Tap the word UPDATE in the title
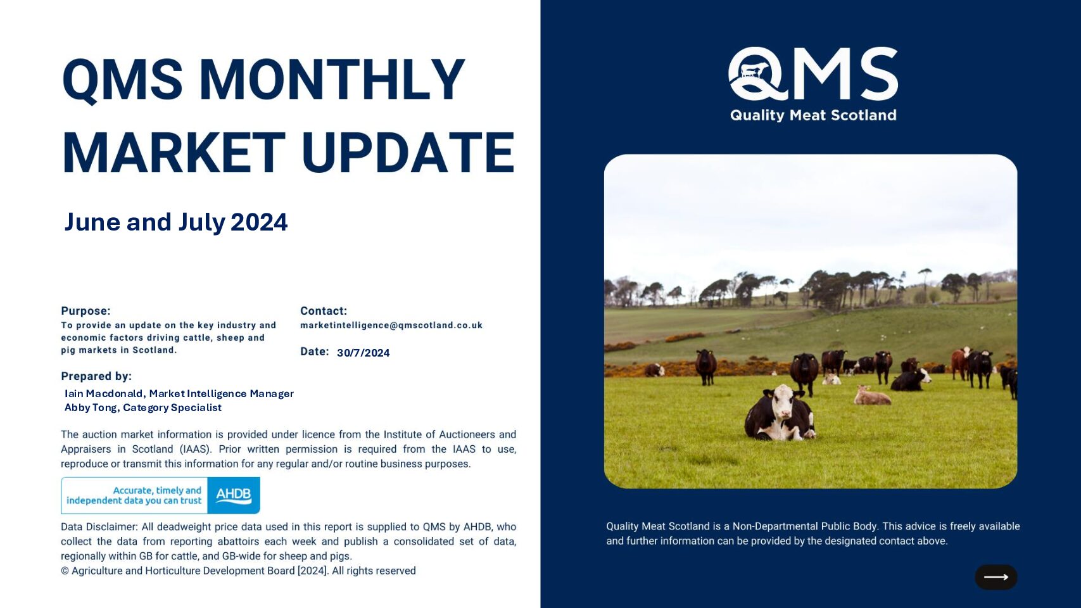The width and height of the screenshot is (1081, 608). (408, 153)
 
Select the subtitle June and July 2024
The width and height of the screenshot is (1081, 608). (175, 222)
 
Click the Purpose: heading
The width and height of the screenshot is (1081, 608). (85, 311)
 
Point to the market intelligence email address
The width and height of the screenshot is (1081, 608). (391, 326)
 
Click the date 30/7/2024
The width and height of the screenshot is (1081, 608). (363, 353)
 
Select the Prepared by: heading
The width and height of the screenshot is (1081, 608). (96, 376)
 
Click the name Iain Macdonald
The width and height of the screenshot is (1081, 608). (103, 394)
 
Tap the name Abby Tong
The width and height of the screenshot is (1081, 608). (91, 408)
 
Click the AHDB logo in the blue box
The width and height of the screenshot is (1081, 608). (234, 495)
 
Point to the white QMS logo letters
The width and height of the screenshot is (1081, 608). (813, 73)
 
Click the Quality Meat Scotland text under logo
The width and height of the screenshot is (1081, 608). (813, 115)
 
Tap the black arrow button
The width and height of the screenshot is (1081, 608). (996, 577)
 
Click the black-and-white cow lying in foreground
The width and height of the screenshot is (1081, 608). (780, 414)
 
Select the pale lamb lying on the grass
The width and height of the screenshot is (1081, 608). (871, 396)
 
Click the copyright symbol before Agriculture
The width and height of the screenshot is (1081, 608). (65, 571)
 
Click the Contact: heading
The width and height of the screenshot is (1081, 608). (324, 311)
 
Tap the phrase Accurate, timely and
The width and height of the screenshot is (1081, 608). (157, 490)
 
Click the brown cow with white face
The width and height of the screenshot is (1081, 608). (960, 363)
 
